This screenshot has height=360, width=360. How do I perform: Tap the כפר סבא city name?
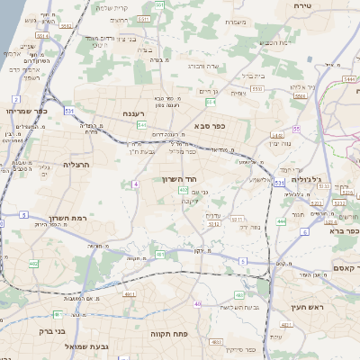(210, 127)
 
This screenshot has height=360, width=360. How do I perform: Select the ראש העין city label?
(307, 309)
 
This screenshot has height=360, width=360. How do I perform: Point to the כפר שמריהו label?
(19, 112)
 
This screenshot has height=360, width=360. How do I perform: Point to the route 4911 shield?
(130, 294)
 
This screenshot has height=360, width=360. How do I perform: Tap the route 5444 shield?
(347, 80)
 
